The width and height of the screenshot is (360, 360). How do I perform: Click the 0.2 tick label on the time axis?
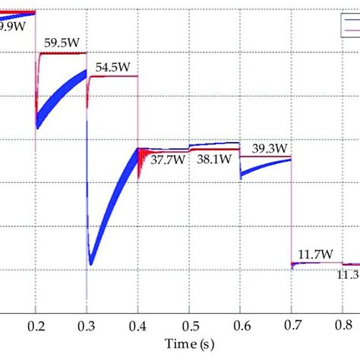pyautogui.click(x=35, y=324)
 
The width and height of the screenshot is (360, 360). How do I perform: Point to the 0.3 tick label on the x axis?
pyautogui.click(x=86, y=324)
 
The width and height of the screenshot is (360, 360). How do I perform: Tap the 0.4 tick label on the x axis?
pyautogui.click(x=137, y=324)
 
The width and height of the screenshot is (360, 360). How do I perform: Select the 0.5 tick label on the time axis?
pyautogui.click(x=188, y=324)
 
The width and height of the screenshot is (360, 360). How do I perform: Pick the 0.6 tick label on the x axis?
pyautogui.click(x=239, y=324)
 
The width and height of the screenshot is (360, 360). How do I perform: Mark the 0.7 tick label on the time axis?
pyautogui.click(x=291, y=324)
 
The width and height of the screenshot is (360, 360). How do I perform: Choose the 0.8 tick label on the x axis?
pyautogui.click(x=342, y=324)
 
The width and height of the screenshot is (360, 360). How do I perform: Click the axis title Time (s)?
pyautogui.click(x=188, y=346)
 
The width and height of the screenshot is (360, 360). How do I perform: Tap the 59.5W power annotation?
pyautogui.click(x=62, y=43)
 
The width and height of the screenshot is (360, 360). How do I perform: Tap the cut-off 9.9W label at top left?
pyautogui.click(x=11, y=27)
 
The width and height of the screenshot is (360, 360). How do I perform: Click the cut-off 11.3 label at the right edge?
pyautogui.click(x=348, y=274)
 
